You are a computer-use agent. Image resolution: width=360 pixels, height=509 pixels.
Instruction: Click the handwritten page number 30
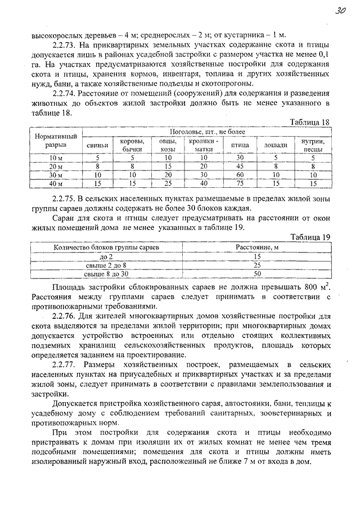pos(339,10)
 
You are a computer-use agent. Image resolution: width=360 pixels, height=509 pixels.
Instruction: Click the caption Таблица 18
pos(309,122)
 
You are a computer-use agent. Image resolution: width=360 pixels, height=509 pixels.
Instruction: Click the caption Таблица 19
pos(309,237)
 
